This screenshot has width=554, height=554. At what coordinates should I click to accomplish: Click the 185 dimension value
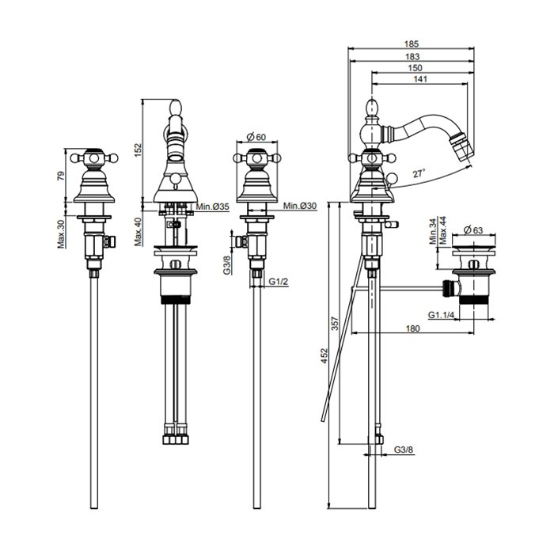[x=412, y=44]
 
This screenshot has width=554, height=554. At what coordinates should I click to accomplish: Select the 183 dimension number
[x=412, y=56]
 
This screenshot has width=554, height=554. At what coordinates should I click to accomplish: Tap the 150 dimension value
[x=415, y=68]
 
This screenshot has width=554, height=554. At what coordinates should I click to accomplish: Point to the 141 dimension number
[x=420, y=79]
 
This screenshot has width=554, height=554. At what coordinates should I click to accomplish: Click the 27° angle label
[x=419, y=173]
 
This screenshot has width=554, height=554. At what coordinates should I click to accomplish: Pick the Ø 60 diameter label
[x=256, y=137]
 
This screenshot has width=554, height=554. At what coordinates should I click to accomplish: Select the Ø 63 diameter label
[x=473, y=230]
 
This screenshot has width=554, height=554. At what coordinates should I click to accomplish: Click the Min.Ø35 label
[x=213, y=207]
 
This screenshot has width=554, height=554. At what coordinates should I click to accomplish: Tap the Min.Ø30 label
[x=300, y=206]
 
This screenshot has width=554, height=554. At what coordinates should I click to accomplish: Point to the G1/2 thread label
[x=279, y=281]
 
